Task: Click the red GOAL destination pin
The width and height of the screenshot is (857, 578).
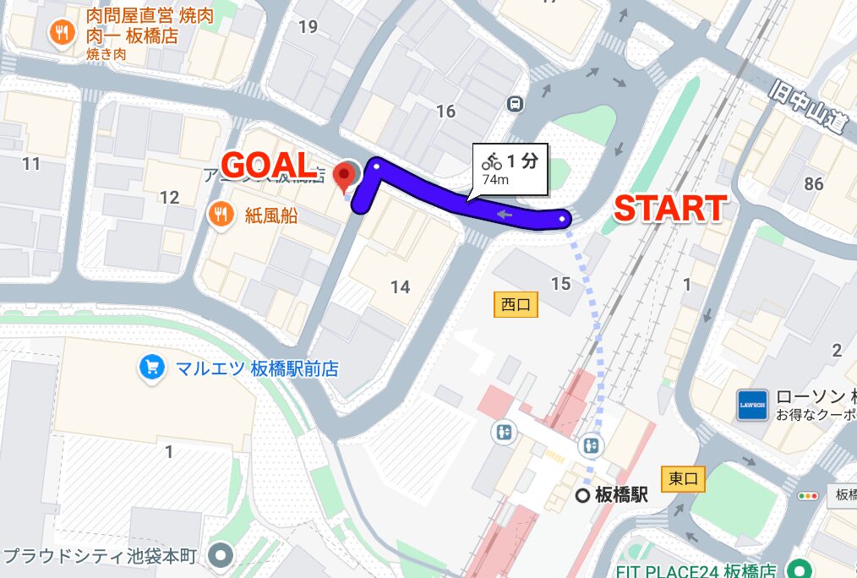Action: pos(344,176)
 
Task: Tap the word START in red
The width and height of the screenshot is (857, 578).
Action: pos(669,208)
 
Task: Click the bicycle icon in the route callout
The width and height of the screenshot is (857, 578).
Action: pos(492,160)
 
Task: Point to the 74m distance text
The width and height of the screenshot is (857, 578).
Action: pos(495,179)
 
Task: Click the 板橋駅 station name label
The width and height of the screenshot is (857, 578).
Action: pos(620,495)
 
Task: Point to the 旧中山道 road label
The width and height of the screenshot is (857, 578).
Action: pos(809,106)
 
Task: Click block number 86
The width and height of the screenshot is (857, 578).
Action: pos(814,183)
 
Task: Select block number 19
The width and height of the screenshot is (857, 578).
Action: pos(308,27)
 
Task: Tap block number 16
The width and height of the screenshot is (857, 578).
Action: pos(445,111)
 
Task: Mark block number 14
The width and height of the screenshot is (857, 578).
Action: pos(400,287)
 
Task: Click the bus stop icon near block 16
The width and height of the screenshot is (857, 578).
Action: pos(514,104)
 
